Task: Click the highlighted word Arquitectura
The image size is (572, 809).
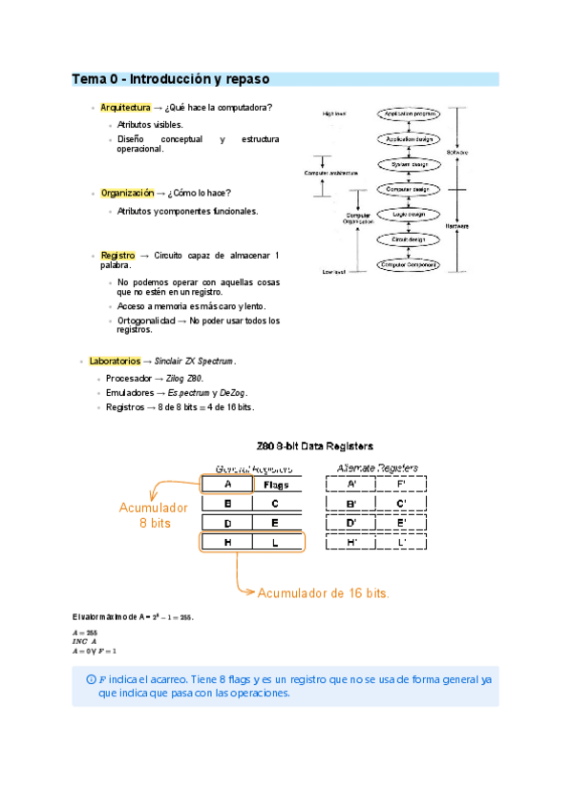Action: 125,108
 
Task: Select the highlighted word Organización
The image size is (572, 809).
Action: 126,193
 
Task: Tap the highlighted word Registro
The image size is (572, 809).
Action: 117,256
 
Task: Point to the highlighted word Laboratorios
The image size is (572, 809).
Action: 114,362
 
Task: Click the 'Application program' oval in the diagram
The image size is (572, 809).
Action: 409,114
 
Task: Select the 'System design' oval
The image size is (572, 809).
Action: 409,164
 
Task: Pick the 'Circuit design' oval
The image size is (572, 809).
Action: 409,239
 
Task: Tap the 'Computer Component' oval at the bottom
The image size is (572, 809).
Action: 409,264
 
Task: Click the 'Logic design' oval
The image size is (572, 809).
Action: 409,215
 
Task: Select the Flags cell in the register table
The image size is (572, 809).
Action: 276,484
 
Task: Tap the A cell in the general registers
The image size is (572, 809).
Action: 227,484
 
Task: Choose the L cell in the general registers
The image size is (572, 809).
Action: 276,542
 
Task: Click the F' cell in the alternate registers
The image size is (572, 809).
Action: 402,484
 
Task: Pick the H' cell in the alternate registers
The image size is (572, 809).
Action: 352,542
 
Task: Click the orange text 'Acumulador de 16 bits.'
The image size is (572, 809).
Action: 323,593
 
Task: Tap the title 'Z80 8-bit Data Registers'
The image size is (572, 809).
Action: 315,446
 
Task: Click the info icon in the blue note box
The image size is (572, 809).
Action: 91,679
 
